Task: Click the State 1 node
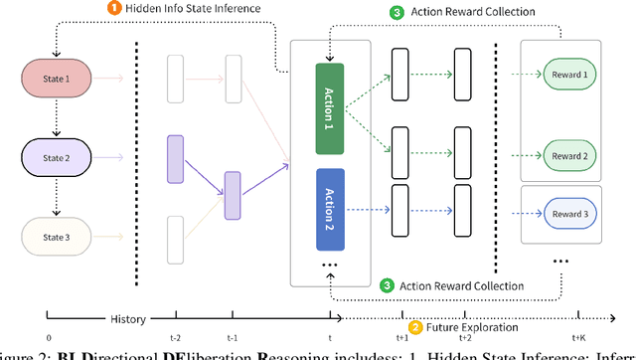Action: click(x=54, y=76)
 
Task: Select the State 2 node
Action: click(x=54, y=156)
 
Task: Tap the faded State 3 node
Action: click(x=54, y=236)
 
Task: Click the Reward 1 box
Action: click(x=563, y=75)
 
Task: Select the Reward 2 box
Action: click(x=563, y=156)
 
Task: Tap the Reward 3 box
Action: click(x=563, y=215)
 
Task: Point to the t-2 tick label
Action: click(x=176, y=338)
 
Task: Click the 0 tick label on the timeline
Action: click(x=49, y=338)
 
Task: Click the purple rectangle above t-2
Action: click(x=176, y=159)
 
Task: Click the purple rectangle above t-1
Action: click(x=233, y=194)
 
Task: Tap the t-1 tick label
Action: click(x=233, y=338)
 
